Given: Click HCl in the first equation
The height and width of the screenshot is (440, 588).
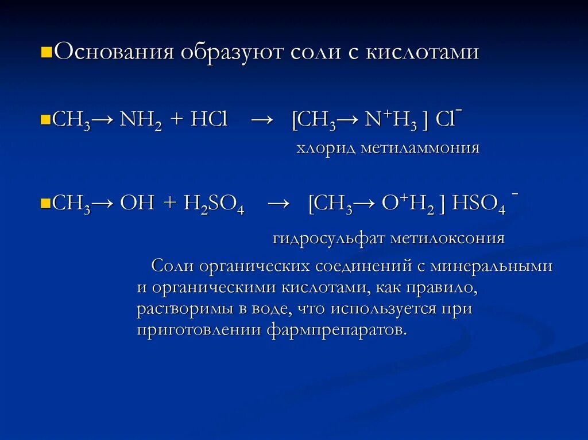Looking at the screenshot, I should pos(210,121).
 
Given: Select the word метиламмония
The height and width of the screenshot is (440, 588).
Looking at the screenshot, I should pos(420,149).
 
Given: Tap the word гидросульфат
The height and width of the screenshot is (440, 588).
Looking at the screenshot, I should pos(328,238).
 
